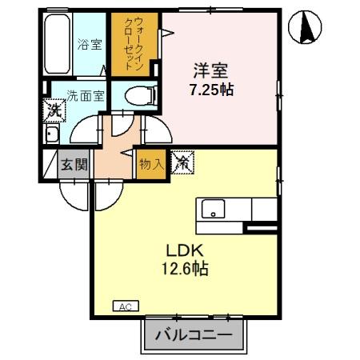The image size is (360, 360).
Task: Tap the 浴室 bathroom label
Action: [90, 45]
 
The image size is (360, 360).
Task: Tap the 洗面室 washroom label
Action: [84, 96]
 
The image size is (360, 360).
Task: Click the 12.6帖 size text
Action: [187, 269]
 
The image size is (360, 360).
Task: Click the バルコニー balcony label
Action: [193, 334]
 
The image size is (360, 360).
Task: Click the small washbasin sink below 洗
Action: [52, 134]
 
